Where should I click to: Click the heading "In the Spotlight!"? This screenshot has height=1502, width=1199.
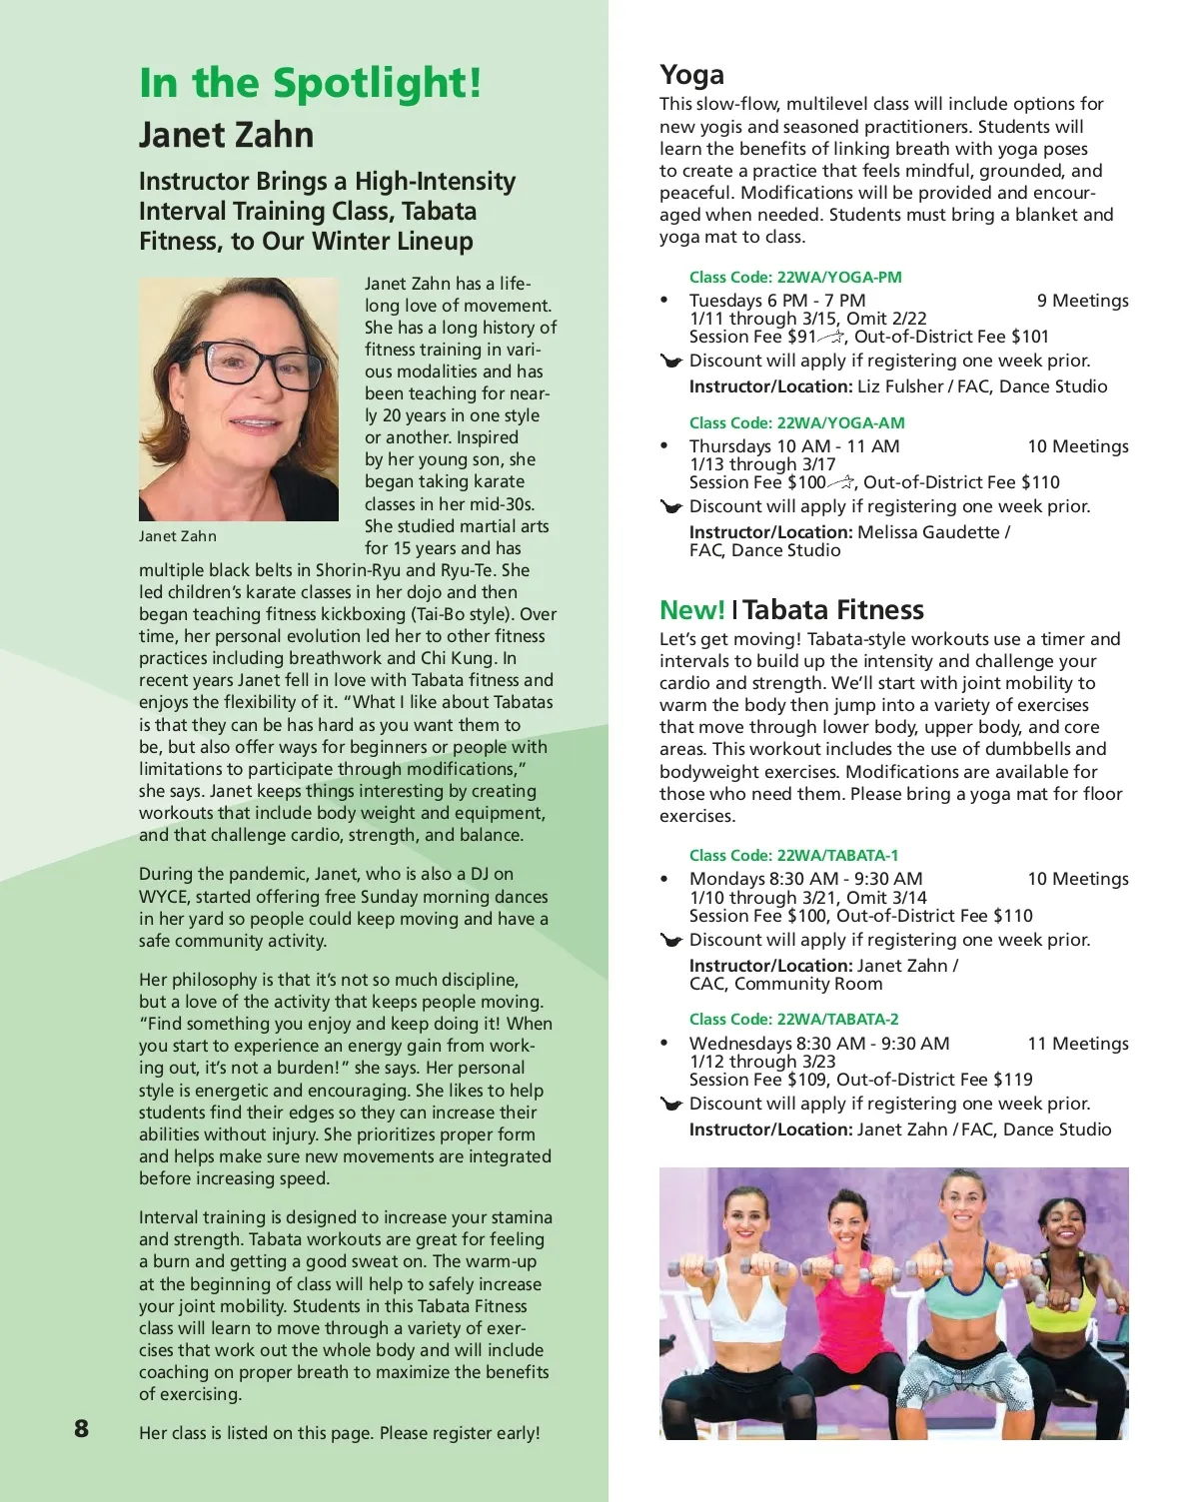(310, 83)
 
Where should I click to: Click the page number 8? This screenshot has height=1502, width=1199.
(81, 1428)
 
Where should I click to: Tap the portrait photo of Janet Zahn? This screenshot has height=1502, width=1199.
(239, 399)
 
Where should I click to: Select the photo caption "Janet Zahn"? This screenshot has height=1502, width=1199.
(178, 536)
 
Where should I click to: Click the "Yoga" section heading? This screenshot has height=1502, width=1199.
(691, 75)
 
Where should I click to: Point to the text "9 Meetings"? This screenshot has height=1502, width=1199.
(1082, 301)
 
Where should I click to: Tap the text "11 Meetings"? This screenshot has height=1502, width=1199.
(1078, 1044)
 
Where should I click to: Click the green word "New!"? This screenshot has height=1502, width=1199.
(691, 610)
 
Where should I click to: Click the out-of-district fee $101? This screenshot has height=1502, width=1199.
(1030, 337)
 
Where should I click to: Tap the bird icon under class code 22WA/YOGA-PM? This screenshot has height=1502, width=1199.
(671, 362)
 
